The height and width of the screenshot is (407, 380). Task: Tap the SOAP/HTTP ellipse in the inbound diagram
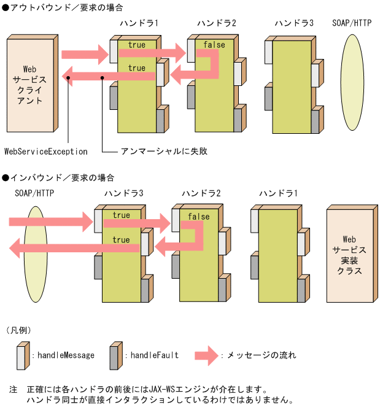point(35,254)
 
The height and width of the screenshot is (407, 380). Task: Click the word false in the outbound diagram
point(214,45)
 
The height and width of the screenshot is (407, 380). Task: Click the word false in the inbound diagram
point(198,217)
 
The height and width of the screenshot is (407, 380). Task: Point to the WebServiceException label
point(45,151)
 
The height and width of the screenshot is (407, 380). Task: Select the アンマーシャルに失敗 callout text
point(155,151)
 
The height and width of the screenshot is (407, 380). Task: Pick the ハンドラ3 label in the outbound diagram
point(294,23)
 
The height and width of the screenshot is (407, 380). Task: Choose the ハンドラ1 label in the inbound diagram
point(278,193)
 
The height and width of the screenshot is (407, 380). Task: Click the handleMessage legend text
point(66,355)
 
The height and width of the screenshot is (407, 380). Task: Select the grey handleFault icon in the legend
point(115,355)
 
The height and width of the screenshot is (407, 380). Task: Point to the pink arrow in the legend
point(207,355)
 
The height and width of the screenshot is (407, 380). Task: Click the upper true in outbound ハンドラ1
point(137,45)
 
